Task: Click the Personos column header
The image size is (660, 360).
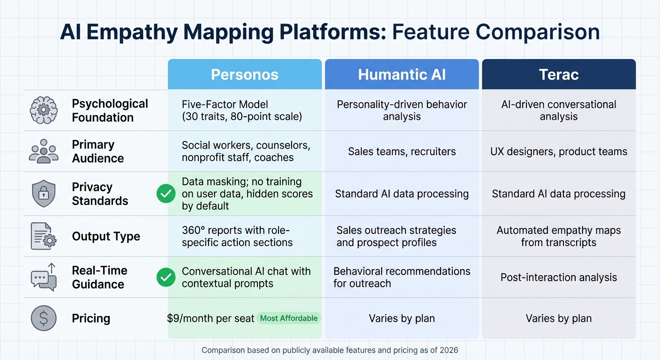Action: [245, 75]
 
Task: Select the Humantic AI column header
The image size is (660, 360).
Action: [402, 75]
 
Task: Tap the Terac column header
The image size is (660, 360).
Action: [559, 75]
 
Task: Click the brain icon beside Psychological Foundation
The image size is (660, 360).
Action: [44, 111]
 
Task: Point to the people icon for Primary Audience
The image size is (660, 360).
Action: [44, 151]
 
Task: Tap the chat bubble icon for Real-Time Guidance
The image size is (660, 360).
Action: [44, 277]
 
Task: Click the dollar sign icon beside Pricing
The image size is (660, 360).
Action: [44, 319]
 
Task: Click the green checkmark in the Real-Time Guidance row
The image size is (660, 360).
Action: [165, 277]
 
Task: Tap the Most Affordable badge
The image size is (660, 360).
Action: [289, 318]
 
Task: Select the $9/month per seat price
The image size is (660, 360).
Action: [210, 319]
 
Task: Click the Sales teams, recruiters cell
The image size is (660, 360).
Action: [402, 151]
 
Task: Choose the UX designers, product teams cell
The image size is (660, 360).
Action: [558, 151]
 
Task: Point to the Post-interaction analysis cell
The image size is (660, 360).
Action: [558, 277]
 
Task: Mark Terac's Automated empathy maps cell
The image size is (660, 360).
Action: [558, 236]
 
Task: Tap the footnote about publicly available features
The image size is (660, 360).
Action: [330, 350]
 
